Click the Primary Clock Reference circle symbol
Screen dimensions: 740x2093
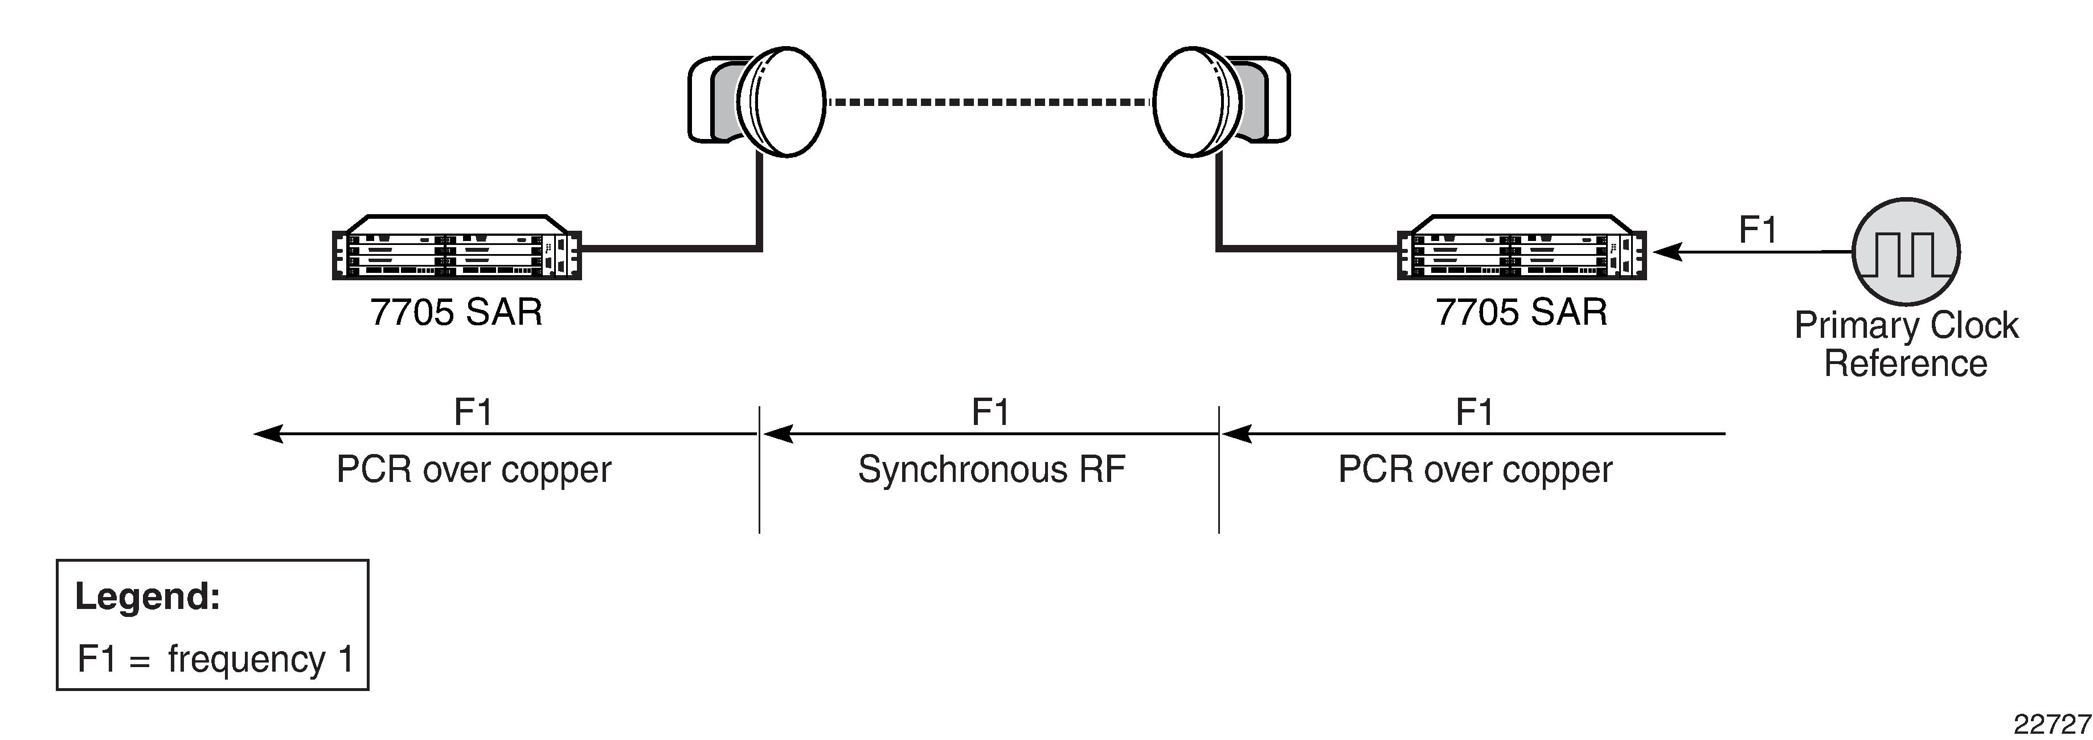(x=1906, y=251)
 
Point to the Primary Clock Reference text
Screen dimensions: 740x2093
(x=1906, y=344)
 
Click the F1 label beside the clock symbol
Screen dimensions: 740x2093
(x=1758, y=230)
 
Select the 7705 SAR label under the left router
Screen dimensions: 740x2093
(x=457, y=313)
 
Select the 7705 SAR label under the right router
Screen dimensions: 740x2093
(x=1521, y=313)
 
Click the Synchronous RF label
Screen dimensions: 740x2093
(x=991, y=469)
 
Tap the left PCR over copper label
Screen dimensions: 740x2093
(x=474, y=469)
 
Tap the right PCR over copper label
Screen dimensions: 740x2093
(x=1474, y=469)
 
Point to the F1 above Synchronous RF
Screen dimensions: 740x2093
(x=990, y=412)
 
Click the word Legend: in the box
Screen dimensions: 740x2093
(x=147, y=597)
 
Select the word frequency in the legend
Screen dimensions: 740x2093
(x=246, y=659)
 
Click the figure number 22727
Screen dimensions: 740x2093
(x=2051, y=723)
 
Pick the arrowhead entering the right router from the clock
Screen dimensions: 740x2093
(x=1666, y=252)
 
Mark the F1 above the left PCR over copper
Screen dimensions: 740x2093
(x=473, y=412)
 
